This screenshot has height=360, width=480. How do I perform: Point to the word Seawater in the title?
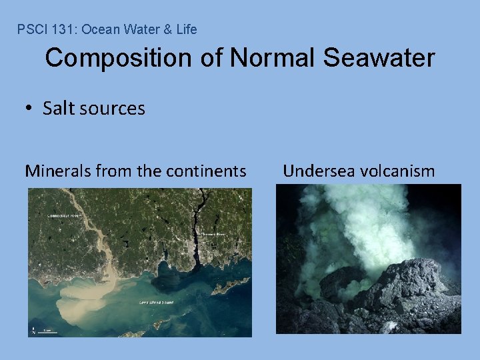[x=379, y=58]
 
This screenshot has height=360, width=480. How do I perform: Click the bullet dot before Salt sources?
[x=31, y=109]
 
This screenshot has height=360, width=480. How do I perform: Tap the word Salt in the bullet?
[x=57, y=108]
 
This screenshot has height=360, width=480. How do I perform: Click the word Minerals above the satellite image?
[x=59, y=171]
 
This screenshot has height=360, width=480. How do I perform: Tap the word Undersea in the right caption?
[x=319, y=171]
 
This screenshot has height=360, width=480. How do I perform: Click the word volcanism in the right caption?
[x=397, y=171]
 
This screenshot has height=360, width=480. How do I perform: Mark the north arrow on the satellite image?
[x=33, y=330]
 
